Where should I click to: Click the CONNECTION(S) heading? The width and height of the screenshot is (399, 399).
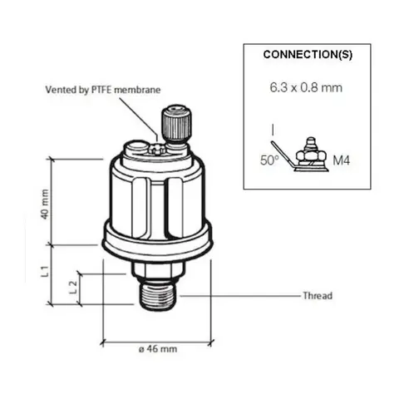click(x=308, y=55)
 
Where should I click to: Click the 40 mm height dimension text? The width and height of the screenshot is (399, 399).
click(x=46, y=201)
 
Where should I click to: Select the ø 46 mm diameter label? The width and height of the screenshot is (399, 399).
click(x=156, y=349)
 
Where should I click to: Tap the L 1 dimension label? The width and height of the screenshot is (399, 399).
click(x=47, y=270)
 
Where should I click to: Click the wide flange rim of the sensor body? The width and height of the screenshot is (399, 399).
click(x=155, y=242)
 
